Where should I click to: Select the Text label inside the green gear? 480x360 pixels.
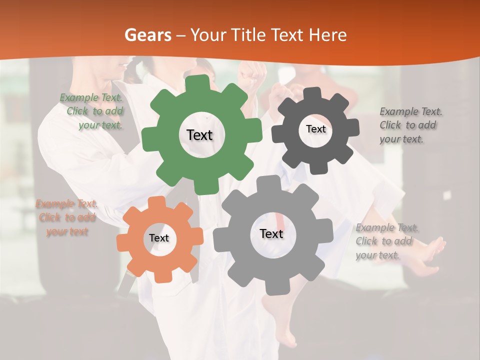tap(199, 135)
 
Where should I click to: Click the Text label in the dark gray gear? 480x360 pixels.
tap(315, 129)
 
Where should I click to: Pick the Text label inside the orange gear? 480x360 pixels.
tap(159, 238)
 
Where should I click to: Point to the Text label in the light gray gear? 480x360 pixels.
tap(271, 234)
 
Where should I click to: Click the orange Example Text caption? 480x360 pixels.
tap(66, 218)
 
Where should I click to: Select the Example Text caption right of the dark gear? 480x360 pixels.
tap(410, 125)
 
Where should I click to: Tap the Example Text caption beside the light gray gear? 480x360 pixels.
tap(386, 241)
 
